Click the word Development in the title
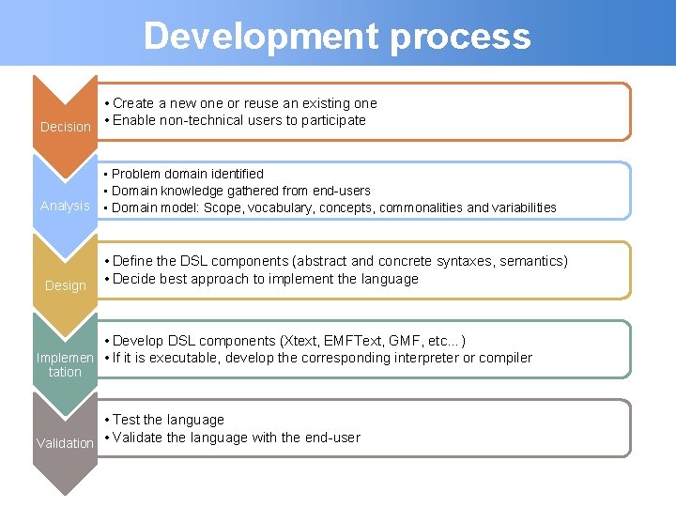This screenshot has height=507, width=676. coord(260,37)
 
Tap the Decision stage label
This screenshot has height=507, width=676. coord(66,127)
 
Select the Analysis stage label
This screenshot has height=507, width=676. coord(65,206)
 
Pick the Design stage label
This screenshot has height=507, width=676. coord(66,285)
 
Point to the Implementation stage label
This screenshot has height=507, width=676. coord(65,364)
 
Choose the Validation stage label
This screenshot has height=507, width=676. coord(65,443)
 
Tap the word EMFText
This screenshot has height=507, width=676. coord(361,341)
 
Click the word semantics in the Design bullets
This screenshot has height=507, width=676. coord(530,261)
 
